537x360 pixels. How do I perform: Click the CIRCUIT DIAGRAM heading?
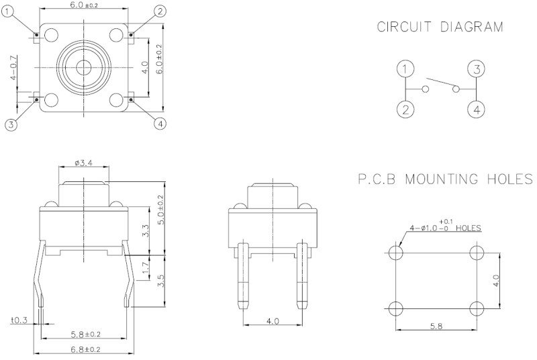click(439, 28)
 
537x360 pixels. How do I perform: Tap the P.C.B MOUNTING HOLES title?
click(446, 179)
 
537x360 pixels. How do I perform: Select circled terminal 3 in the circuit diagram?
click(476, 69)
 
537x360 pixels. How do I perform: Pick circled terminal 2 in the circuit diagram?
click(405, 109)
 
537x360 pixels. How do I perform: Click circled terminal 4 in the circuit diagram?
click(476, 109)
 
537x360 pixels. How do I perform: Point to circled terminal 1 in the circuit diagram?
click(405, 69)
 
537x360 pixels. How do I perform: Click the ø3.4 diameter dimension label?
click(84, 163)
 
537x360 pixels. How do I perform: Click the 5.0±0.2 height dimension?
click(160, 210)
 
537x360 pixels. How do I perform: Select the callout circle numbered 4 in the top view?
click(160, 124)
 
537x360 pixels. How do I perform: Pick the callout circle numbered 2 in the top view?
click(160, 10)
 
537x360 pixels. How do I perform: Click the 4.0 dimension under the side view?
click(273, 322)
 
